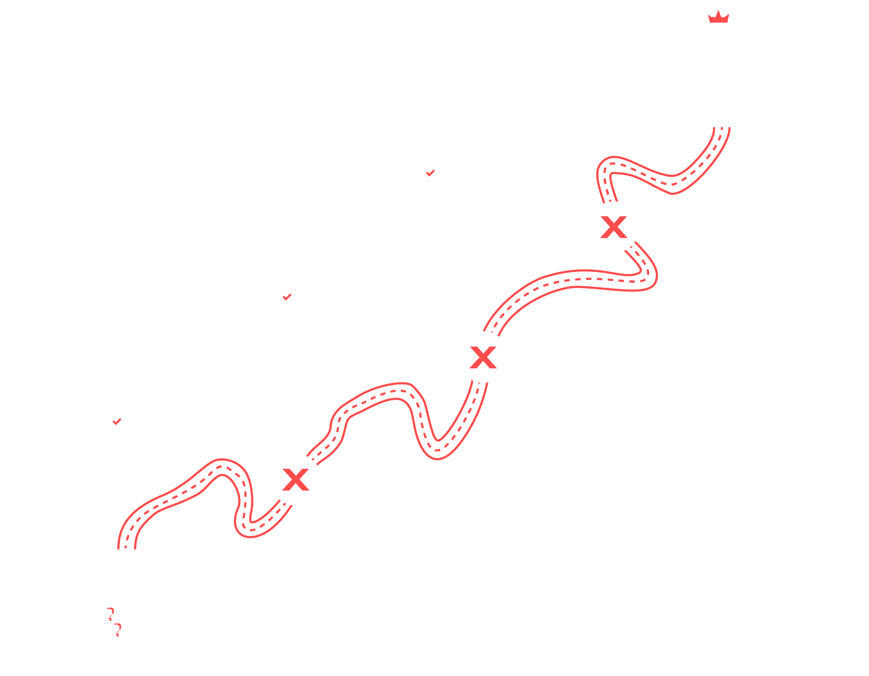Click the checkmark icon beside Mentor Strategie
click(x=430, y=173)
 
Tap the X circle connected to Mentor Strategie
click(x=614, y=227)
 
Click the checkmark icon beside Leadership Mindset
click(x=286, y=297)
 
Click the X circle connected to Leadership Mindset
click(x=483, y=357)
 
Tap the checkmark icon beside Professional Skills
click(x=116, y=421)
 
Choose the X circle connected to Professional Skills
click(x=296, y=479)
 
